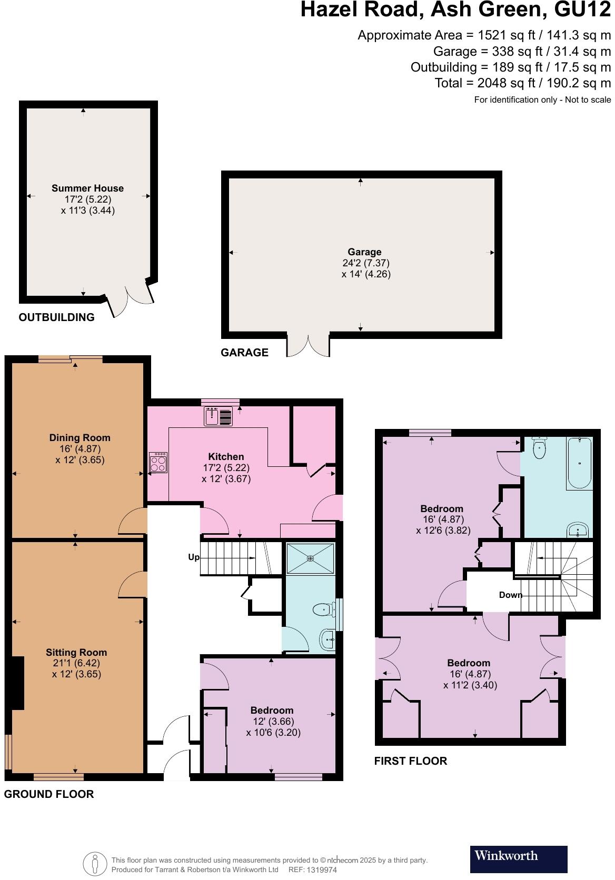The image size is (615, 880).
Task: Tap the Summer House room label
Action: [87, 188]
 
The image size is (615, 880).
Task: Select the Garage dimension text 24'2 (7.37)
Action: [365, 263]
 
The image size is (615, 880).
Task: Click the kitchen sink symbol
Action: [218, 416]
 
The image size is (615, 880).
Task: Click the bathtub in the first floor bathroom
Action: [579, 463]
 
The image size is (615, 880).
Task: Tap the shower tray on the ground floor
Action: [310, 558]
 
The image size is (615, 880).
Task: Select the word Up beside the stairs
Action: [194, 557]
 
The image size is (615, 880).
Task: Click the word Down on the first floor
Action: [510, 595]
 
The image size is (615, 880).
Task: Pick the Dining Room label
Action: [80, 437]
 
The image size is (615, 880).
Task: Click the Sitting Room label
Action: [76, 652]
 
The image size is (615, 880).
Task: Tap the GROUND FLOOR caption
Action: [49, 794]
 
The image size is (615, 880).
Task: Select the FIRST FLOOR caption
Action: [411, 761]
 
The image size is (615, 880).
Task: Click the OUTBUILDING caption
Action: [57, 317]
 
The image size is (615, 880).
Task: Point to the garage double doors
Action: [308, 345]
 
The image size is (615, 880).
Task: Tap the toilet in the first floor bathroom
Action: [540, 448]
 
